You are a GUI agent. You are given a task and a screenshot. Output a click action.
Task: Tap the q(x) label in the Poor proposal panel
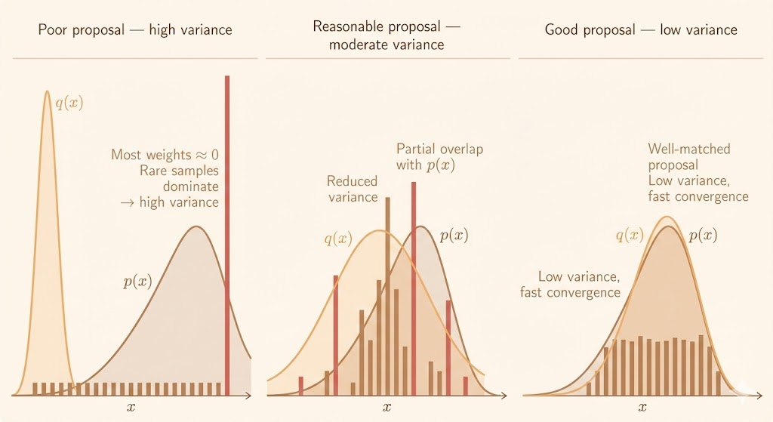[x=69, y=103]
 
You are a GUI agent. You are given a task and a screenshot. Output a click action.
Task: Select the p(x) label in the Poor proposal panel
[x=137, y=282]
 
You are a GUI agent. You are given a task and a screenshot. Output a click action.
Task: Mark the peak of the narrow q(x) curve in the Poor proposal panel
[x=47, y=92]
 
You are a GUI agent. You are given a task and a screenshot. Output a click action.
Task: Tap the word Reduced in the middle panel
[x=352, y=181]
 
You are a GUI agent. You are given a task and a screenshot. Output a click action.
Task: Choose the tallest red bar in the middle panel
[x=414, y=287]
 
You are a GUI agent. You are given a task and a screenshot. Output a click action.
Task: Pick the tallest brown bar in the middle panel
[x=387, y=294]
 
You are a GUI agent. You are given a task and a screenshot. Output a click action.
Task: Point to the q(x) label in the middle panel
[x=337, y=239]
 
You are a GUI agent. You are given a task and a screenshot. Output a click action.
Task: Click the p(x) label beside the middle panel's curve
[x=454, y=236]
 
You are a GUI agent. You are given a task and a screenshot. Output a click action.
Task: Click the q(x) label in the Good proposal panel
[x=629, y=235]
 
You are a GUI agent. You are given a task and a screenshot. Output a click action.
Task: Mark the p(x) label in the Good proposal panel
[x=703, y=235]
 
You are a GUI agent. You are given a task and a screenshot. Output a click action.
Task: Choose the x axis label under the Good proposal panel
[x=642, y=408]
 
